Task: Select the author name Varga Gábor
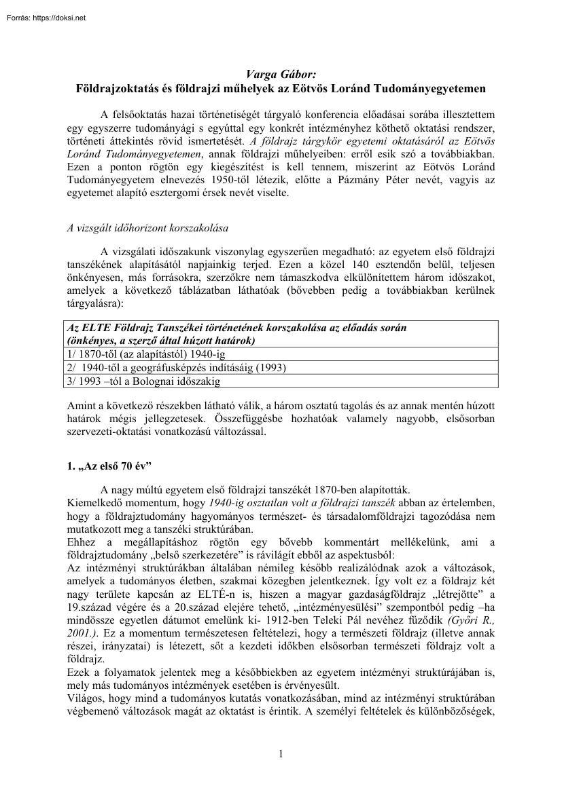280,75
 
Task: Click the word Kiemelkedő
94,503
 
